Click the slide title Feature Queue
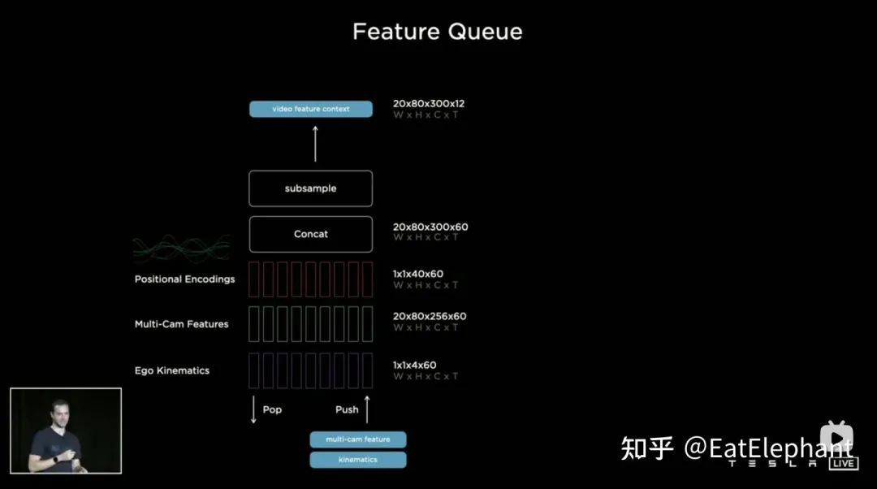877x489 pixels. click(x=437, y=32)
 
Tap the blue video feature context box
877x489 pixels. click(x=311, y=109)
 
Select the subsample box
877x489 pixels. click(x=311, y=188)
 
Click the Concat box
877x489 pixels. click(x=311, y=234)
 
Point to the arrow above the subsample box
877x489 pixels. click(x=315, y=144)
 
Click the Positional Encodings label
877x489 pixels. click(x=184, y=279)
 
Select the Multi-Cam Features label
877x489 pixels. click(x=181, y=324)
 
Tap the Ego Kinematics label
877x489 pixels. click(x=172, y=370)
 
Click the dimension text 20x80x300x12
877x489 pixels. click(x=429, y=104)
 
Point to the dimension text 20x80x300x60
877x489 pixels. click(x=430, y=227)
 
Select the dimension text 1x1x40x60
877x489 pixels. click(x=418, y=275)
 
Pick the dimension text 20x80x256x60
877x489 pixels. click(x=430, y=316)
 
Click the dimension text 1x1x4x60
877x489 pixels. click(x=415, y=366)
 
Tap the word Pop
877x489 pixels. click(x=272, y=409)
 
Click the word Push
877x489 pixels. click(x=347, y=409)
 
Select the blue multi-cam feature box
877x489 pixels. click(x=358, y=439)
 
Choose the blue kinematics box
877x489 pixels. click(x=358, y=460)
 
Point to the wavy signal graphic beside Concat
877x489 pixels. click(x=182, y=246)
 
